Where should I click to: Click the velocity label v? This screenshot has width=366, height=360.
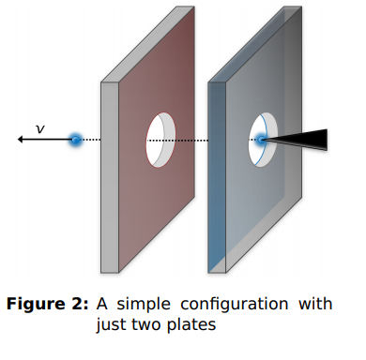tap(39, 128)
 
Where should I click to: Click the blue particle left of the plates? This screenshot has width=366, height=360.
tap(75, 140)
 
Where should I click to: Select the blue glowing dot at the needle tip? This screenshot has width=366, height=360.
tap(261, 140)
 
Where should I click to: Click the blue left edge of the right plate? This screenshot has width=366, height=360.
tap(217, 178)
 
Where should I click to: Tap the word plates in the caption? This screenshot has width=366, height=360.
tap(196, 325)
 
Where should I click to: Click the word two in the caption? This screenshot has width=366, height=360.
tap(153, 325)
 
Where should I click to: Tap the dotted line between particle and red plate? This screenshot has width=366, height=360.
tap(91, 140)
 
